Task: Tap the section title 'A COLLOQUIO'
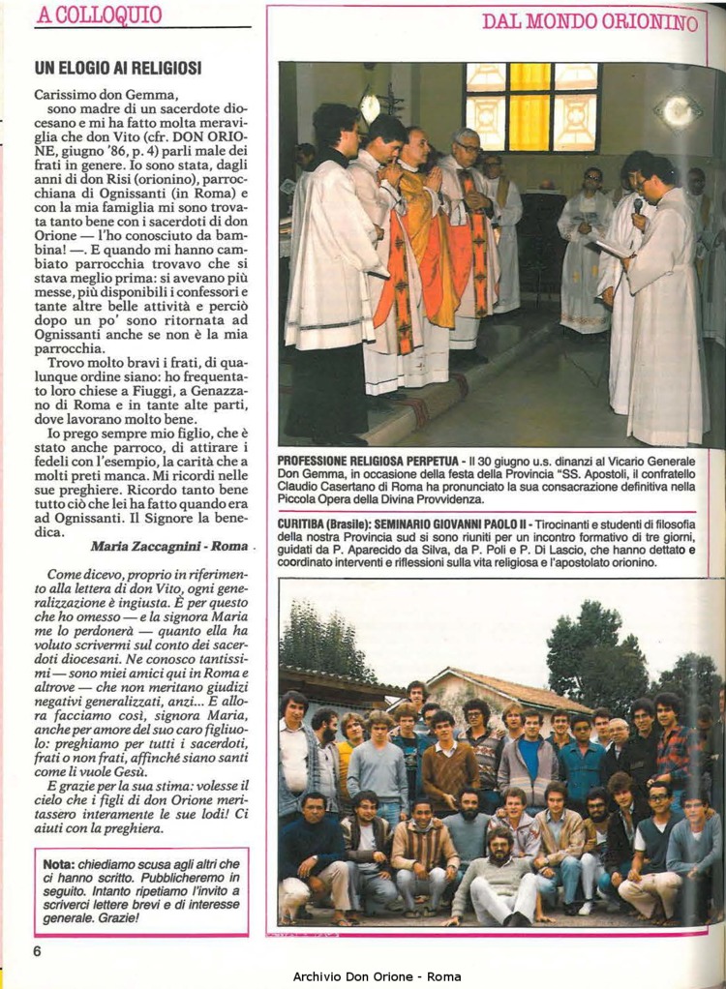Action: [x=98, y=15]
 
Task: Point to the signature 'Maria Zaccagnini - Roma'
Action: [x=168, y=546]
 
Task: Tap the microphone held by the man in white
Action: [x=638, y=206]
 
